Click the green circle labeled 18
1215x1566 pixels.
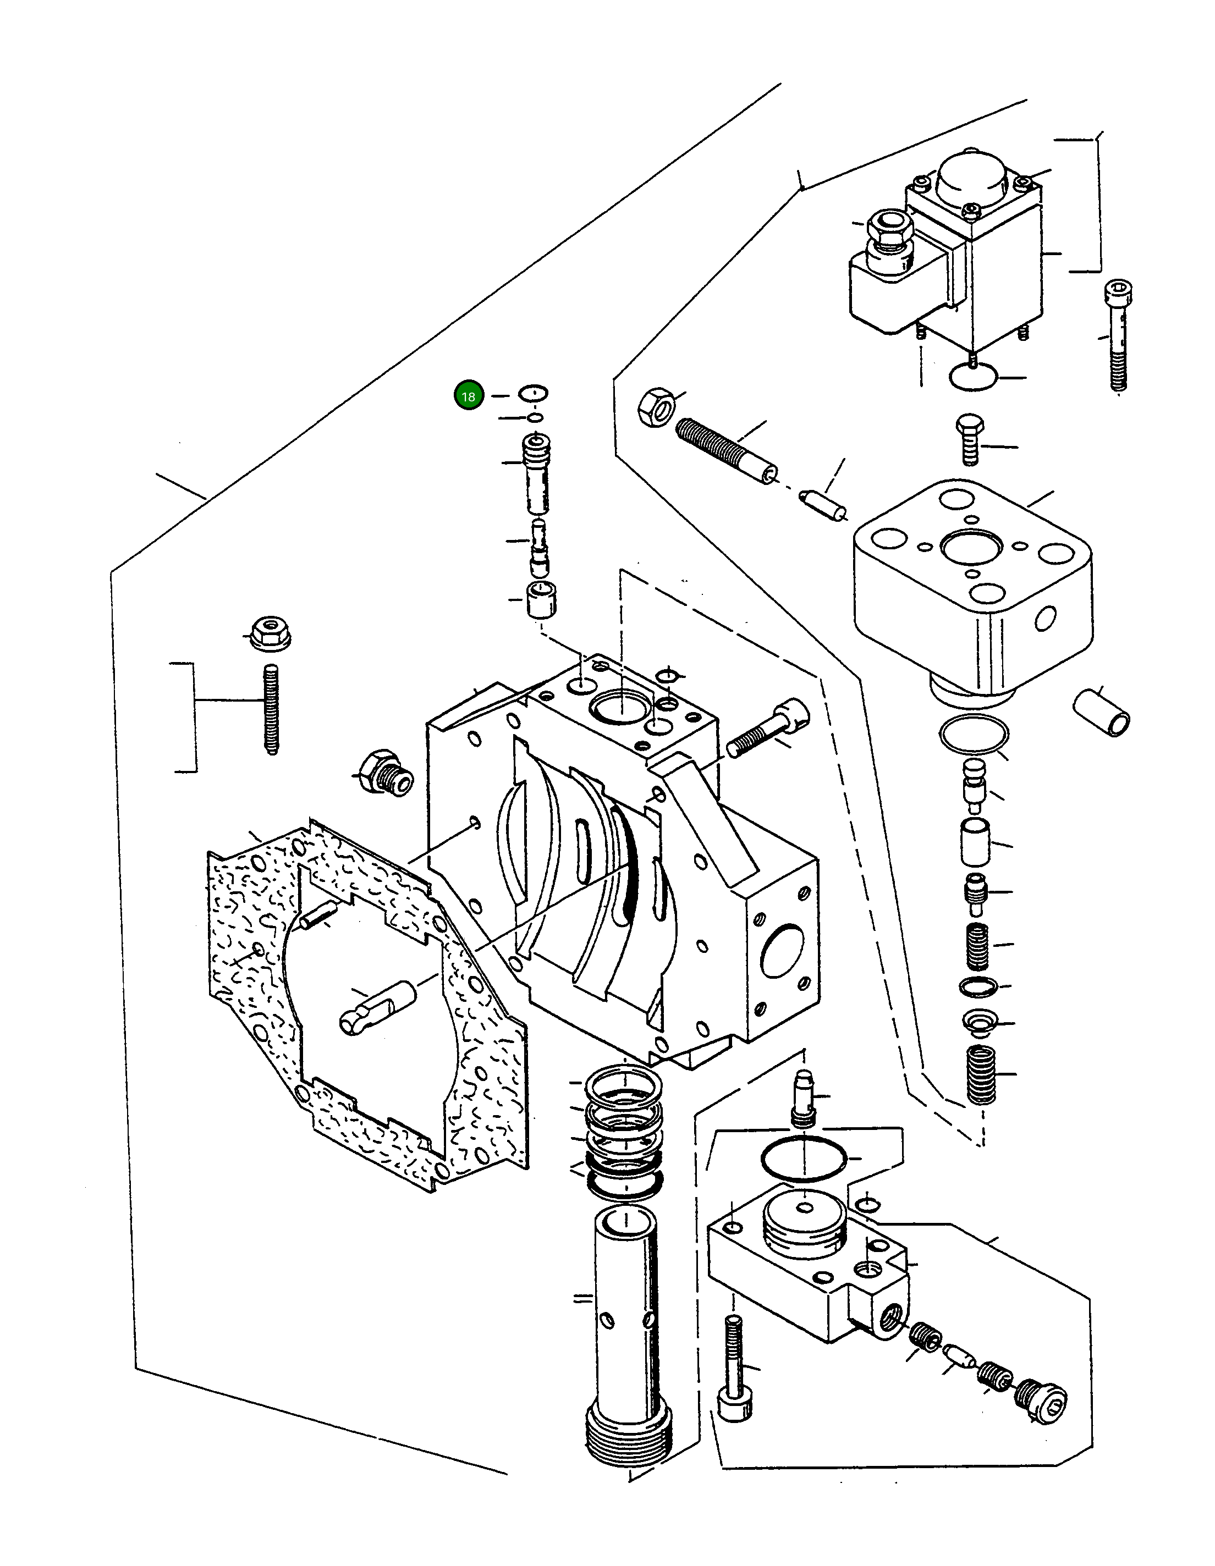pyautogui.click(x=469, y=396)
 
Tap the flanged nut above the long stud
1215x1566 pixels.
pyautogui.click(x=270, y=633)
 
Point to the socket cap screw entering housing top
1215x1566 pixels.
pyautogui.click(x=769, y=729)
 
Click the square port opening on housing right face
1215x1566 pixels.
pyautogui.click(x=782, y=951)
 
